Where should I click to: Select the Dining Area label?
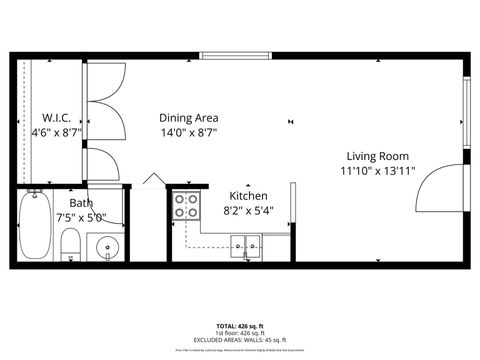coord(190,116)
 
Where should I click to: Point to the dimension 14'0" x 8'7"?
coord(190,132)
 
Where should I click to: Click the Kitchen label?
coord(248,195)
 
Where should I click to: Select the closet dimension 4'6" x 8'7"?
coord(56,131)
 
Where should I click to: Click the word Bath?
coord(81,202)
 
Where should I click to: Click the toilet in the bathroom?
coord(71,244)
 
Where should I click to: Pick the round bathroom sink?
coord(106,246)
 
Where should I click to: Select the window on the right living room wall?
coord(466,110)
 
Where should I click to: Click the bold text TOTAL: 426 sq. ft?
coord(239,326)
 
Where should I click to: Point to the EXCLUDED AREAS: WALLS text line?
coord(239,341)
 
